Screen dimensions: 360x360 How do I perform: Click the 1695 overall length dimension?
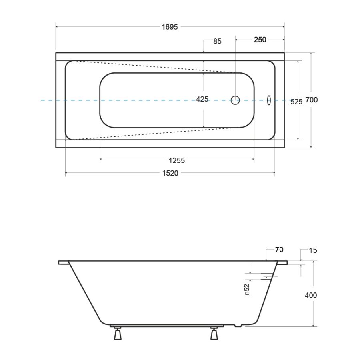tap(170, 27)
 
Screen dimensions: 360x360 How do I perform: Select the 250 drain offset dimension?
tap(260, 40)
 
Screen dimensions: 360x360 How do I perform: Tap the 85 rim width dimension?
tap(217, 41)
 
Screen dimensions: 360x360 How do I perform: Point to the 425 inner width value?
tap(202, 99)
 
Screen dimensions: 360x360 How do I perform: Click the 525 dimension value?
tap(296, 102)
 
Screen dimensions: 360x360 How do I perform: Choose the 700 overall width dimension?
tap(312, 100)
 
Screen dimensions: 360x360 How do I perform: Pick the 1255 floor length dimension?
tap(176, 160)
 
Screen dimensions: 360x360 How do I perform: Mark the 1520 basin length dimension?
tap(170, 173)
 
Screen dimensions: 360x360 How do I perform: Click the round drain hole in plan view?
tap(235, 100)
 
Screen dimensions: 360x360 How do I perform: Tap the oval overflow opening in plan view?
tap(269, 100)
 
